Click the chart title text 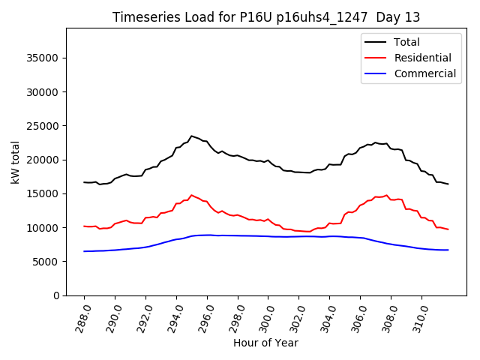266,16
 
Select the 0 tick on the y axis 57,295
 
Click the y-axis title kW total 14,162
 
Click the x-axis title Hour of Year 265,343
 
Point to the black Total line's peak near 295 191,136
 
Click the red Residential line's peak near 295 191,195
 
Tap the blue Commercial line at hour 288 84,251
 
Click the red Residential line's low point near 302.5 307,232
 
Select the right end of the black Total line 448,184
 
